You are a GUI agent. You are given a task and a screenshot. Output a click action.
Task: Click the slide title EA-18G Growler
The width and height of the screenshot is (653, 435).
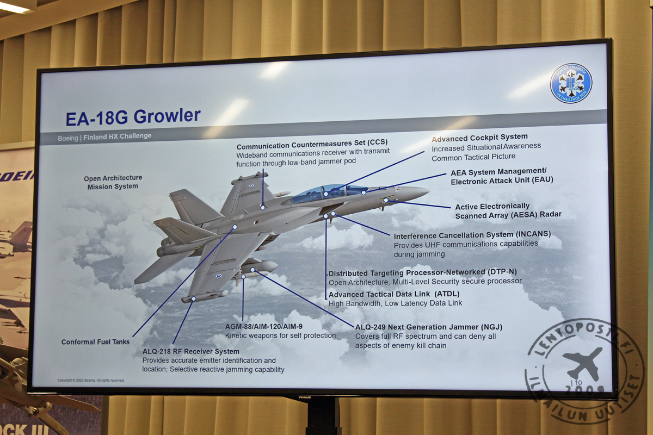coord(133,117)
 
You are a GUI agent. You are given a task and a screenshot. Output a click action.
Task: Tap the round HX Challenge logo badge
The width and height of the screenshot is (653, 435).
coord(571,83)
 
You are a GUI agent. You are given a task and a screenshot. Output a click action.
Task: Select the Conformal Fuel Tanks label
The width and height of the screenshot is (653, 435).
coord(96,342)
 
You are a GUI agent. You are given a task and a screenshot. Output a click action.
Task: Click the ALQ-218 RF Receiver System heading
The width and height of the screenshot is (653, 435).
coord(190,351)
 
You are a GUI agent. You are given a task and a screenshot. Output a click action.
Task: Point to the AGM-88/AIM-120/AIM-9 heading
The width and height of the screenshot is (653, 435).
coord(264,326)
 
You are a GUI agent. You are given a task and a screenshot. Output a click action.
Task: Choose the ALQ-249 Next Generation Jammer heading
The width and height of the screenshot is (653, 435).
coord(428,327)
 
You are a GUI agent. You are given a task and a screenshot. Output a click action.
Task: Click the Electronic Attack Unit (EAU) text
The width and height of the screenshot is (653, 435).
coord(502,181)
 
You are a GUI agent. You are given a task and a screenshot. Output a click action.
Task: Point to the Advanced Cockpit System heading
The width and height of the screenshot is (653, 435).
coord(479,137)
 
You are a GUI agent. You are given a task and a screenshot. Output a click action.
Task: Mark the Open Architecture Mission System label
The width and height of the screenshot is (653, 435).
coord(113,182)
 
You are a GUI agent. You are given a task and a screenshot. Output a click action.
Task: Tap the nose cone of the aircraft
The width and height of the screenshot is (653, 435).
coord(416,192)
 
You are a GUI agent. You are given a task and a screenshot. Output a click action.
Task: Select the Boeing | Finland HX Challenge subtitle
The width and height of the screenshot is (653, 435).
coord(104,136)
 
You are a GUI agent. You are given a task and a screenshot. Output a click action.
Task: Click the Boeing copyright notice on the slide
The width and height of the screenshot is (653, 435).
coord(90,380)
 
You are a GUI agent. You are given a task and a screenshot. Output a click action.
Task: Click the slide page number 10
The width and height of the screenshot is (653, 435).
coord(578,382)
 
